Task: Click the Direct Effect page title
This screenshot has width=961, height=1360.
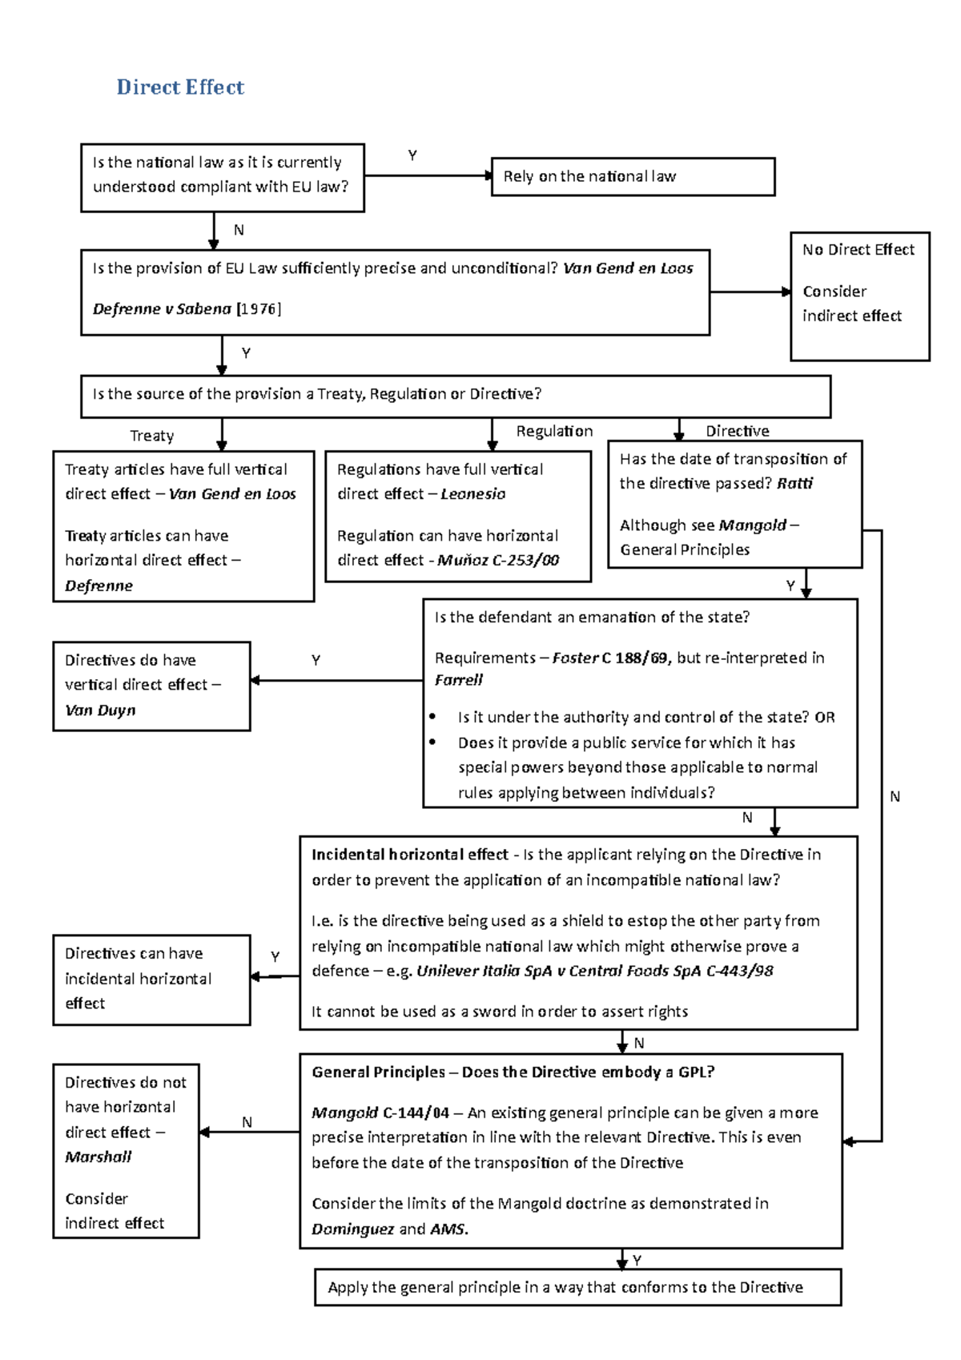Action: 180,87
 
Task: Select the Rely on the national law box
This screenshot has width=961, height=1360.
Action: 633,176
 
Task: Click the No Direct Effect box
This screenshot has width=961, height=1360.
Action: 859,296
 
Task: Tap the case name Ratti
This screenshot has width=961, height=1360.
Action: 794,484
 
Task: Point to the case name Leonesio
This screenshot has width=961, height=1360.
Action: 472,494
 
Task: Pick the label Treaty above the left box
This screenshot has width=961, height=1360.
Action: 151,436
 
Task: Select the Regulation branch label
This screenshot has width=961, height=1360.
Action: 554,431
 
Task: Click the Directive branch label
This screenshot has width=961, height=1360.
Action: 737,431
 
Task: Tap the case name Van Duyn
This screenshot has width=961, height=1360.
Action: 100,710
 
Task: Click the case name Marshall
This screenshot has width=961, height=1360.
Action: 99,1157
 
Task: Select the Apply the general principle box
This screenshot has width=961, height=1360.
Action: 577,1287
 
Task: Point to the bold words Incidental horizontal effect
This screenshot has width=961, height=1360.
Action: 409,855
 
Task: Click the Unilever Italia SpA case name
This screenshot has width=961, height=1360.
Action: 490,971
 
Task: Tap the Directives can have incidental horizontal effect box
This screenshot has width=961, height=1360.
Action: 151,979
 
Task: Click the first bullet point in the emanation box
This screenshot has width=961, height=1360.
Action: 433,717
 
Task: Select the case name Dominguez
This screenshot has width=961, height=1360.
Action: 352,1229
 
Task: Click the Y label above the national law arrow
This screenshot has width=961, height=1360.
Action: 412,155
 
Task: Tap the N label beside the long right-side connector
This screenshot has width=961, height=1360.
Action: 895,797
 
